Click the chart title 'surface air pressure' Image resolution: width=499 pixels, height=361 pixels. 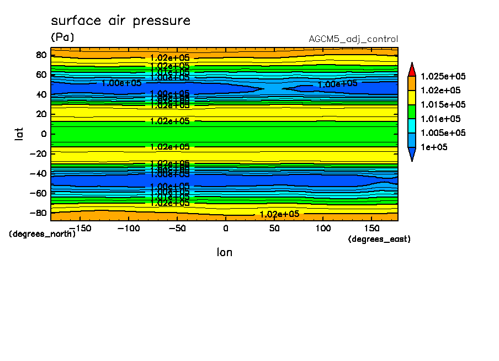pyautogui.click(x=120, y=21)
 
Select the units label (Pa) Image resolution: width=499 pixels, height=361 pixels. pyautogui.click(x=62, y=38)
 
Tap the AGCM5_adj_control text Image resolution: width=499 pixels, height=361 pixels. pyautogui.click(x=353, y=39)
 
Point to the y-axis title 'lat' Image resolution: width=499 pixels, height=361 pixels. pyautogui.click(x=19, y=134)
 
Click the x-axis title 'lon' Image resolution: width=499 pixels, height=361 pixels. pyautogui.click(x=224, y=252)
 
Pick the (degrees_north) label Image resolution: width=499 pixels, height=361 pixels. pyautogui.click(x=42, y=234)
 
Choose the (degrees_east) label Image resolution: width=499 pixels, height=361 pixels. pyautogui.click(x=380, y=239)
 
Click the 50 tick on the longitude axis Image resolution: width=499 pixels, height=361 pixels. pyautogui.click(x=274, y=228)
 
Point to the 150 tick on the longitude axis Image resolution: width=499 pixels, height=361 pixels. pyautogui.click(x=371, y=228)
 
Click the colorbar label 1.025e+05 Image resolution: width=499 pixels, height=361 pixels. pyautogui.click(x=443, y=76)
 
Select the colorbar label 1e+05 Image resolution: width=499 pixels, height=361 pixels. pyautogui.click(x=434, y=147)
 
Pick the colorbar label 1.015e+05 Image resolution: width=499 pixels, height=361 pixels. pyautogui.click(x=443, y=105)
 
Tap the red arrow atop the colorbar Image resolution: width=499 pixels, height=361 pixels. pyautogui.click(x=411, y=69)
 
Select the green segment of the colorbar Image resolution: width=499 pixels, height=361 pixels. pyautogui.click(x=411, y=112)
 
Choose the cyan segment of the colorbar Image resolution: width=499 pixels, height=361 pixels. pyautogui.click(x=411, y=126)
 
